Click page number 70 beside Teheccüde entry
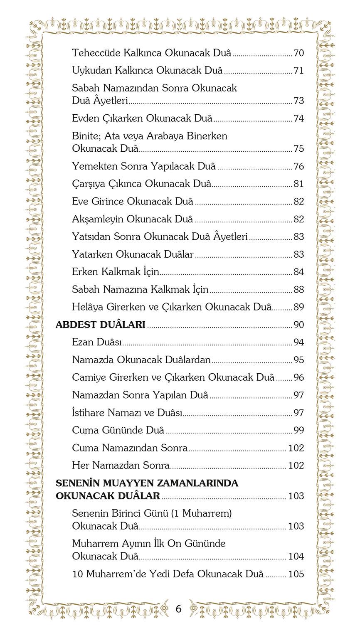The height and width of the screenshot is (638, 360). click(x=298, y=53)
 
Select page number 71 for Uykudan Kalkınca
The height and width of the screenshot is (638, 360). click(x=298, y=71)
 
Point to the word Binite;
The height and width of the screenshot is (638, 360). click(x=86, y=136)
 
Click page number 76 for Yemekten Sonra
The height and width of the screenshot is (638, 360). click(x=298, y=166)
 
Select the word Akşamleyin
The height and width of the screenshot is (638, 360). click(x=98, y=219)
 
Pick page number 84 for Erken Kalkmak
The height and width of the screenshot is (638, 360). click(x=298, y=272)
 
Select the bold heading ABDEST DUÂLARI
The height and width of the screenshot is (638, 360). click(x=100, y=325)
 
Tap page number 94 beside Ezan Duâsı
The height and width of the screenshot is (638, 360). click(x=298, y=342)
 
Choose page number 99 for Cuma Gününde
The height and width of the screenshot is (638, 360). click(x=298, y=430)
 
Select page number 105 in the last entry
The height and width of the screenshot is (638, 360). click(x=296, y=574)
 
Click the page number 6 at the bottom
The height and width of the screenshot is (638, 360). click(x=179, y=609)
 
